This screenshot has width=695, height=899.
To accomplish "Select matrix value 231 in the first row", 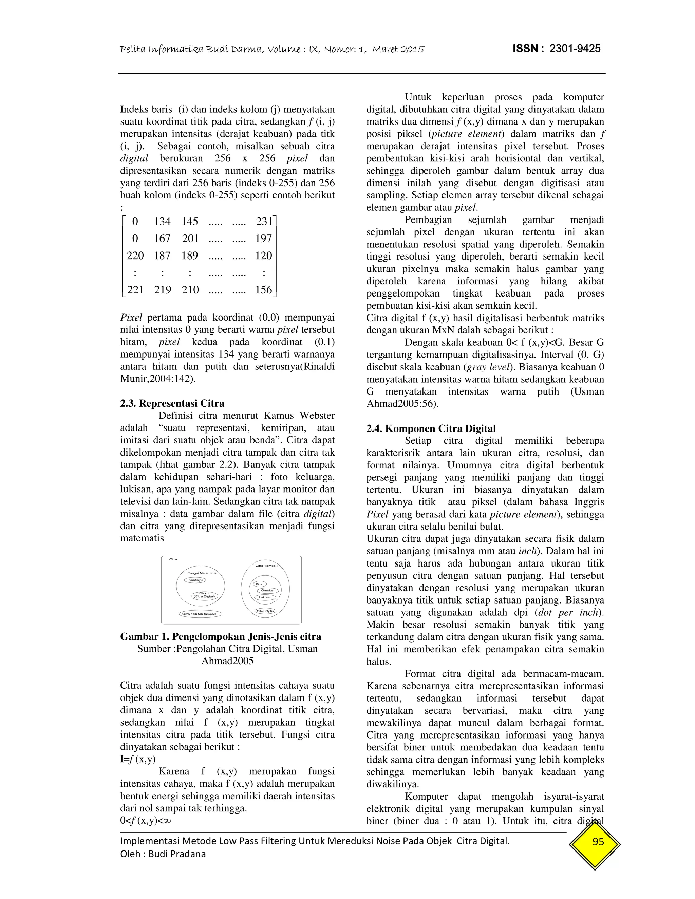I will (264, 222).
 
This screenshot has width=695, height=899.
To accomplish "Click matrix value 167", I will (162, 238).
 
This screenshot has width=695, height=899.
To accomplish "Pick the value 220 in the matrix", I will (135, 256).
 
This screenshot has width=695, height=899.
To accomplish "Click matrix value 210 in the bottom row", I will (190, 290).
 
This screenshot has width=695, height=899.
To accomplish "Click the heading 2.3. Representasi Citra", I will (172, 403).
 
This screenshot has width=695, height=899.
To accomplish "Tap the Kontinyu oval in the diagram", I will (195, 580).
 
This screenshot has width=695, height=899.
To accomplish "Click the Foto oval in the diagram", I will (260, 584).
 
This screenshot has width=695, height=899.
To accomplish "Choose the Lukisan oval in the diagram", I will (265, 597).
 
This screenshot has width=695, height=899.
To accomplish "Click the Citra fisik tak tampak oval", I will (199, 614).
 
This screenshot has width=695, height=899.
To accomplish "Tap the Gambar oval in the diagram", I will (268, 590).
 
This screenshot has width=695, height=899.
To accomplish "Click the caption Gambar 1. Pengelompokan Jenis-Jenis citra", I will (221, 636).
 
